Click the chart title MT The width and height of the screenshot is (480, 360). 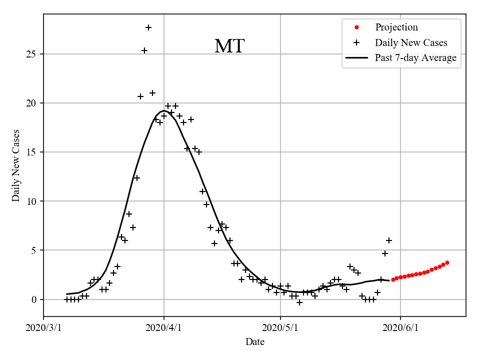coord(229,46)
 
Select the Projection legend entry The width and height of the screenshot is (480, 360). coord(396,27)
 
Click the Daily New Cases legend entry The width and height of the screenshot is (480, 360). coord(411,42)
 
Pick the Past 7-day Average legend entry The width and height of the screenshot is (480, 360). coord(415,58)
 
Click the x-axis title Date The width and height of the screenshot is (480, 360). coord(254,342)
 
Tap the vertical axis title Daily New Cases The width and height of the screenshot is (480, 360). coord(16,165)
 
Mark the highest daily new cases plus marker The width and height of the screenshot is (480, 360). coord(148,27)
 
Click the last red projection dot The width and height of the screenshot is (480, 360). coord(447,262)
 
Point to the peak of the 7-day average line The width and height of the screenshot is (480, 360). coord(162,110)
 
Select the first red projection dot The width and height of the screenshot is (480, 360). coord(393,279)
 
